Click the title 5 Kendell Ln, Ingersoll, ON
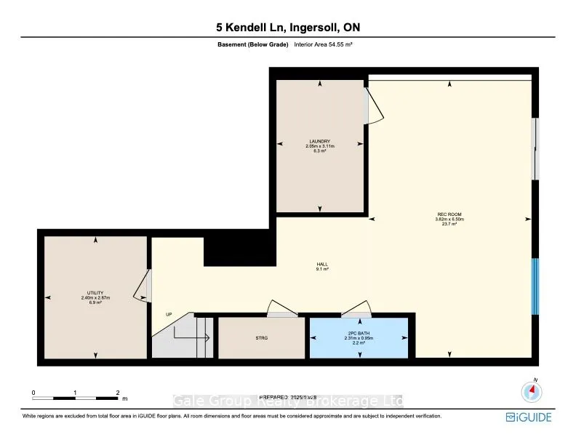click(287, 28)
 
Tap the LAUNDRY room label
click(319, 142)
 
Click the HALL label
click(321, 265)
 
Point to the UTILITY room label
click(95, 293)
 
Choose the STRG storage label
click(261, 338)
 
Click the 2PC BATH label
click(358, 334)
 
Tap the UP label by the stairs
click(169, 314)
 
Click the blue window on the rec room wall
click(535, 286)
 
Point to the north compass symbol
click(532, 392)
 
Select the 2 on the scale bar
click(118, 393)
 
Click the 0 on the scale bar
click(33, 393)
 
